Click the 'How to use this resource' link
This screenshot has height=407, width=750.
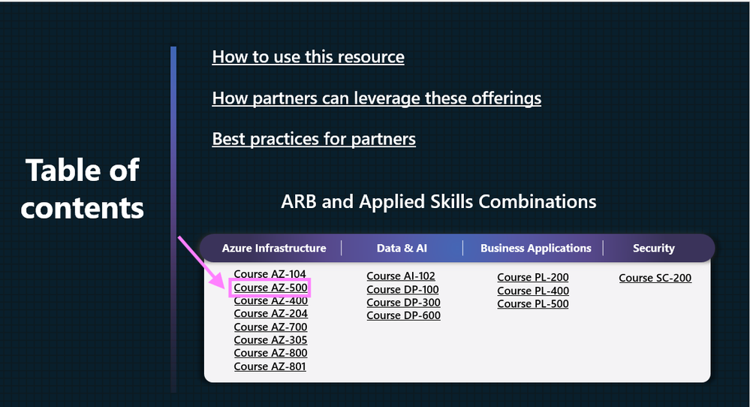pos(308,57)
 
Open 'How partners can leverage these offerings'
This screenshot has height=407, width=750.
pos(376,98)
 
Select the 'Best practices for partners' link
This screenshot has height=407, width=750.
pos(314,139)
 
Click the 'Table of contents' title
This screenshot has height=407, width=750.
pos(83,188)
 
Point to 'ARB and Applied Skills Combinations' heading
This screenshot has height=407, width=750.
pos(438,201)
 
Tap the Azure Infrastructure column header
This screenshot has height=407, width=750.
pos(274,248)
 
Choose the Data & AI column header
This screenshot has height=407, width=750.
pos(402,248)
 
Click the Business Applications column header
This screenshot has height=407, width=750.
pos(536,248)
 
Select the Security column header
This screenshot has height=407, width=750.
pos(654,248)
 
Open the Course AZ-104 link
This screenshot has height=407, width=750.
pos(270,273)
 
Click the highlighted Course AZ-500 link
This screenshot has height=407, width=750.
pos(270,288)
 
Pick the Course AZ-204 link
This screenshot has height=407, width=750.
pos(270,314)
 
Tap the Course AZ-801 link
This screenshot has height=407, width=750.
pos(270,366)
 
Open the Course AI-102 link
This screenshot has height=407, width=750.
pos(401,276)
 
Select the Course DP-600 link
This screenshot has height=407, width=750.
pos(403,315)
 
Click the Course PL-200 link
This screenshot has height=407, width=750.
pos(533,278)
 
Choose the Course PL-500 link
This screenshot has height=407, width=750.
pos(533,303)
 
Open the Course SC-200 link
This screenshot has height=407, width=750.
pos(655,278)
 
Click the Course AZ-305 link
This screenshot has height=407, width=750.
pos(270,340)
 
